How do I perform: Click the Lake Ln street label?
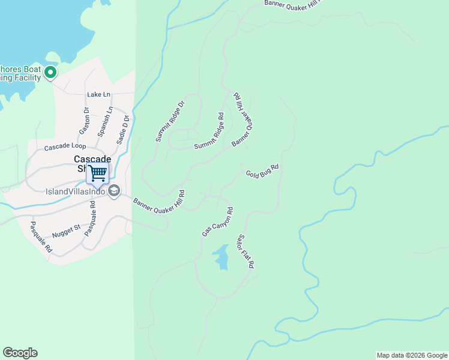(x=99, y=95)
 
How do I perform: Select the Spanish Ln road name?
(x=104, y=122)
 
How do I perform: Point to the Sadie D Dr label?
(x=122, y=128)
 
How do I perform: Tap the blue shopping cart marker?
(x=98, y=173)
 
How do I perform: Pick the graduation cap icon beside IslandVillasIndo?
(x=114, y=191)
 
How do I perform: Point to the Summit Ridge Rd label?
(x=209, y=132)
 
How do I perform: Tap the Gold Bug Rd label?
(x=262, y=171)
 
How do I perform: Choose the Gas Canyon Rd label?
(x=217, y=222)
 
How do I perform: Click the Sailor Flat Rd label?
(x=246, y=251)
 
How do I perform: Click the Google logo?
(x=20, y=353)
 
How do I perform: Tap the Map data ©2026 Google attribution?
(x=412, y=355)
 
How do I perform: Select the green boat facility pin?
(x=50, y=73)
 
